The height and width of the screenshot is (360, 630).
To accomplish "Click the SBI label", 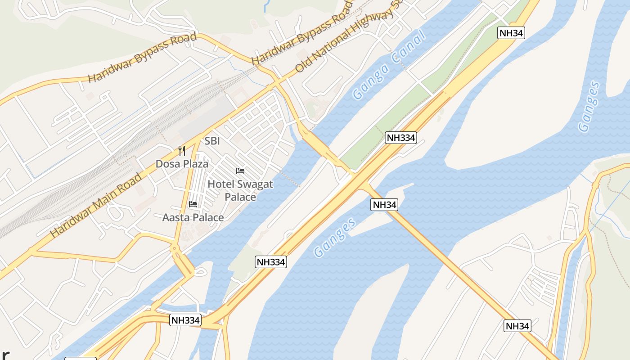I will (x=212, y=141).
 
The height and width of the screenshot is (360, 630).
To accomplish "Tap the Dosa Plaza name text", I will (x=182, y=164).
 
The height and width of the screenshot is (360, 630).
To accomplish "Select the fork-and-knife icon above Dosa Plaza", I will (x=182, y=150).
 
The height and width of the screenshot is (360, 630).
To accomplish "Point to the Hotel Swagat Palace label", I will (x=240, y=190).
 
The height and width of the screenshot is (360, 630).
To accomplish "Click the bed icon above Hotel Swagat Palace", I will (x=240, y=171).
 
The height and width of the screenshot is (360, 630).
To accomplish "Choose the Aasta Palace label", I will (x=193, y=218).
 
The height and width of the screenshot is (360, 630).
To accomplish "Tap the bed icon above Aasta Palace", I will (x=193, y=205).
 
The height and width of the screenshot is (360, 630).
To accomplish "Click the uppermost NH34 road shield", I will (x=511, y=32).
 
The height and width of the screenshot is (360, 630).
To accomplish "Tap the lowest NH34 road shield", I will (x=517, y=326).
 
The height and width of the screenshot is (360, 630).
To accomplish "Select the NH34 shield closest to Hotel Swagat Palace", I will (x=384, y=205).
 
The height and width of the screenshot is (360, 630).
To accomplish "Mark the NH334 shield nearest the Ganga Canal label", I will (x=400, y=138).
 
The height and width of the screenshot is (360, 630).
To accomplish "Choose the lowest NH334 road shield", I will (x=185, y=320).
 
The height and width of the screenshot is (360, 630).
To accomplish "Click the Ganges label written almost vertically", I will (x=589, y=107).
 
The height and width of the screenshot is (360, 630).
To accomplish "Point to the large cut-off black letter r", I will (x=4, y=354).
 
